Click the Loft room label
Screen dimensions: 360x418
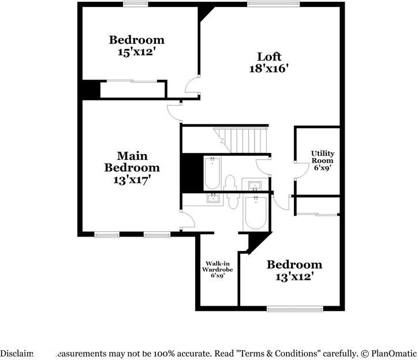pos(269,57)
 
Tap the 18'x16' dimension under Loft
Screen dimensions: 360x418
pos(269,68)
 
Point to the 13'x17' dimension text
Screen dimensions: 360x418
pos(132,179)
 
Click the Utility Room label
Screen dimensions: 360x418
pos(323,156)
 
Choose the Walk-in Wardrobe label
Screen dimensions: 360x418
pos(217,267)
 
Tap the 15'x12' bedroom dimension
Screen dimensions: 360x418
pos(137,51)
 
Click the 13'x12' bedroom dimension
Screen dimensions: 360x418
pos(294,276)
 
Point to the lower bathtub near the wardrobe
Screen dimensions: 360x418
pos(254,213)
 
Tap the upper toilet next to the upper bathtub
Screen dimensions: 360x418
pos(229,183)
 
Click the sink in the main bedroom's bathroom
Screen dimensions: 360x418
pos(214,199)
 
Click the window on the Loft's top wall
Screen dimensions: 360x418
pos(274,4)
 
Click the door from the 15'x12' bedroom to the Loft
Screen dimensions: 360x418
pos(192,87)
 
